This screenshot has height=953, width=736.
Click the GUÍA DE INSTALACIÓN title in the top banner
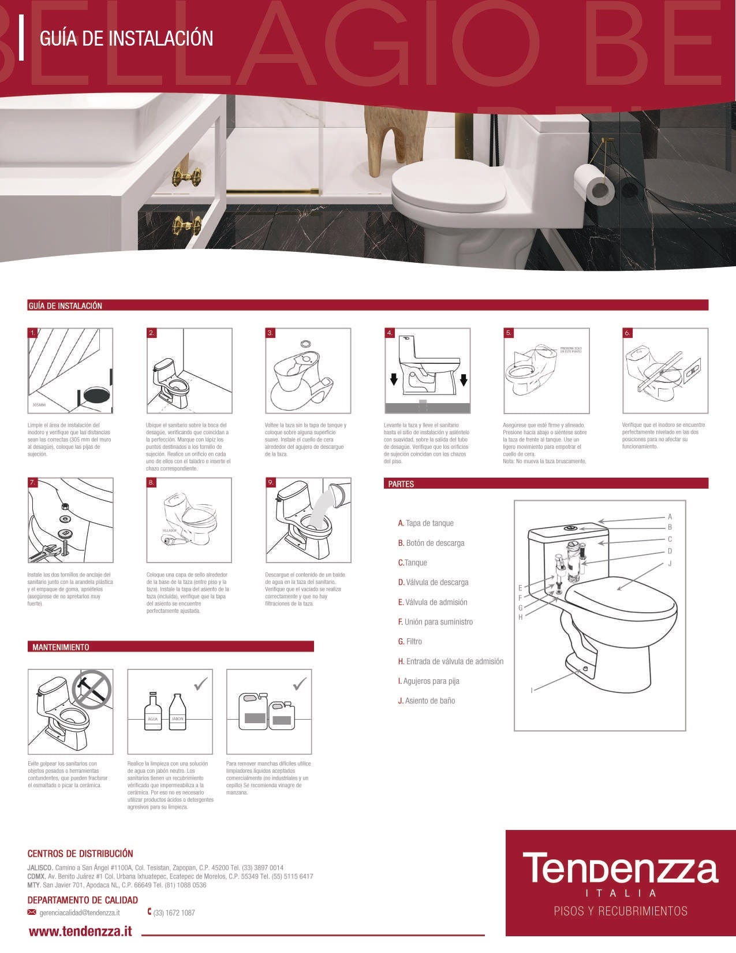tap(126, 39)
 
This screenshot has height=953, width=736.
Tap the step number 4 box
tap(390, 333)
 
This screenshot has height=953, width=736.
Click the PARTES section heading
tap(401, 484)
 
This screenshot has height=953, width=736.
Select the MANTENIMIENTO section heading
tap(61, 647)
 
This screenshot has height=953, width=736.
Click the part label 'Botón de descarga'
tap(435, 543)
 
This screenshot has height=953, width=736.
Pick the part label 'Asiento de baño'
tap(430, 701)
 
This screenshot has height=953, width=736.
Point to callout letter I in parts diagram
tap(532, 690)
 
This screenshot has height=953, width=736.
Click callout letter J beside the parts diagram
tap(670, 563)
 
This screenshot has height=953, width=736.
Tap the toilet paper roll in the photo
tap(595, 183)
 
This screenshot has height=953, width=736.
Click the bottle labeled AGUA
tap(152, 712)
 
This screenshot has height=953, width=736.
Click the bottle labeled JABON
tap(177, 712)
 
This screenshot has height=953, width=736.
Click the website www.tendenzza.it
tap(80, 931)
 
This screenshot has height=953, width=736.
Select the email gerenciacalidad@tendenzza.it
tap(80, 913)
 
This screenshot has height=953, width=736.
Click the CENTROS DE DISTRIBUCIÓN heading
tap(80, 853)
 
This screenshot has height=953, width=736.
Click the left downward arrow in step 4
tap(393, 379)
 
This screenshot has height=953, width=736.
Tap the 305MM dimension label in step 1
tap(39, 405)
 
